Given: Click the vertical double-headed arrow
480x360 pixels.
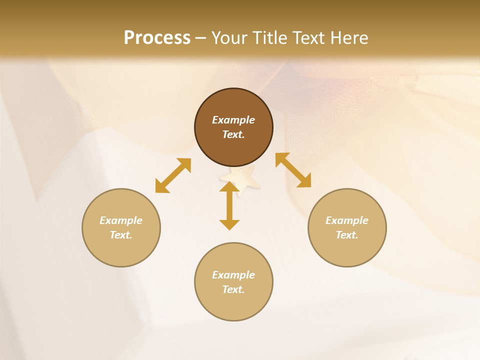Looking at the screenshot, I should (x=229, y=206).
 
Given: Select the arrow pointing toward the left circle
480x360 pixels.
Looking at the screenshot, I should (x=173, y=175).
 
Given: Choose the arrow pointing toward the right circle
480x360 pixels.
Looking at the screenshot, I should (x=293, y=170).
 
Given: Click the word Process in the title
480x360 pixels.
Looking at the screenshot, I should (x=157, y=37).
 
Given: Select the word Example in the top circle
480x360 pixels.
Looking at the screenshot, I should (x=233, y=120).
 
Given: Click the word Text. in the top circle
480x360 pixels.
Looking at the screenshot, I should (x=233, y=134).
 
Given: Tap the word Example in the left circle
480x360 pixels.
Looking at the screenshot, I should (x=121, y=220).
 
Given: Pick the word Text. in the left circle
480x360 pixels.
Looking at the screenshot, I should (x=121, y=235).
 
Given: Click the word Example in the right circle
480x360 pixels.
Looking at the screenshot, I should (x=347, y=220).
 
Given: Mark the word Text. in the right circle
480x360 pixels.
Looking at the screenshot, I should (x=347, y=235).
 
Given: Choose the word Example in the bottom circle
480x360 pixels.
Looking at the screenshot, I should (x=233, y=275).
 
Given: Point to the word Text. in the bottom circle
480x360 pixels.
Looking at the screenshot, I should (x=233, y=289).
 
